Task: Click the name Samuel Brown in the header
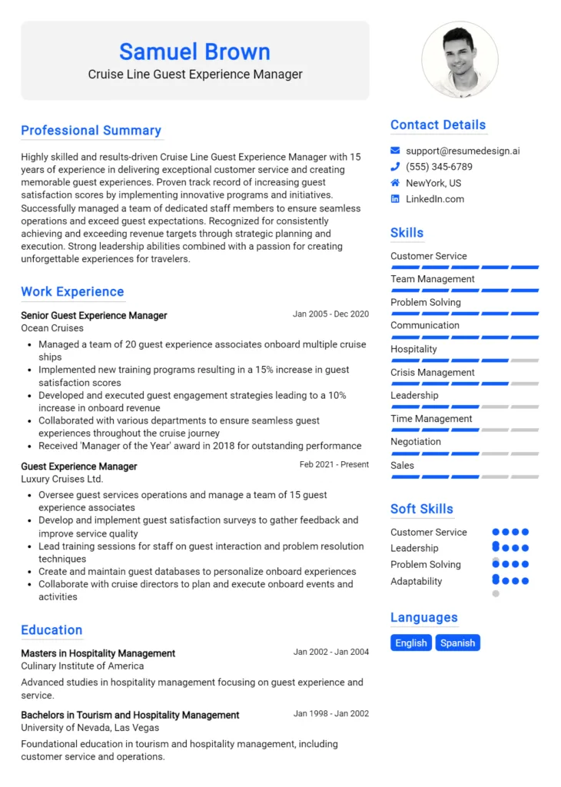pyautogui.click(x=194, y=51)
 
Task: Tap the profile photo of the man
pyautogui.click(x=460, y=59)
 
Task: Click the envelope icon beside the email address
pyautogui.click(x=395, y=151)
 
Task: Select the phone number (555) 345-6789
pyautogui.click(x=439, y=167)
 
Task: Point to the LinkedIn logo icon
pyautogui.click(x=395, y=199)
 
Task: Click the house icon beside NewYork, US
pyautogui.click(x=395, y=183)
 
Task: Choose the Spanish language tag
pyautogui.click(x=457, y=643)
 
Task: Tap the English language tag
pyautogui.click(x=411, y=643)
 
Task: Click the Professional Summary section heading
pyautogui.click(x=91, y=131)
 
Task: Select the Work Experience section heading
pyautogui.click(x=72, y=292)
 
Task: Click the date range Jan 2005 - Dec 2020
pyautogui.click(x=330, y=314)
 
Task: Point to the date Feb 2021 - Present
pyautogui.click(x=334, y=465)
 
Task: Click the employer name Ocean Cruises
pyautogui.click(x=52, y=328)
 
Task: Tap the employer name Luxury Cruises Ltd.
pyautogui.click(x=61, y=479)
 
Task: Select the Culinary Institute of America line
pyautogui.click(x=82, y=666)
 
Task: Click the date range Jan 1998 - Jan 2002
pyautogui.click(x=330, y=714)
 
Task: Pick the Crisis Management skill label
pyautogui.click(x=433, y=373)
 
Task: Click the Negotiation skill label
pyautogui.click(x=416, y=442)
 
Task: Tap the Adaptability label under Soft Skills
pyautogui.click(x=417, y=581)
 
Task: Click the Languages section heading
pyautogui.click(x=423, y=618)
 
